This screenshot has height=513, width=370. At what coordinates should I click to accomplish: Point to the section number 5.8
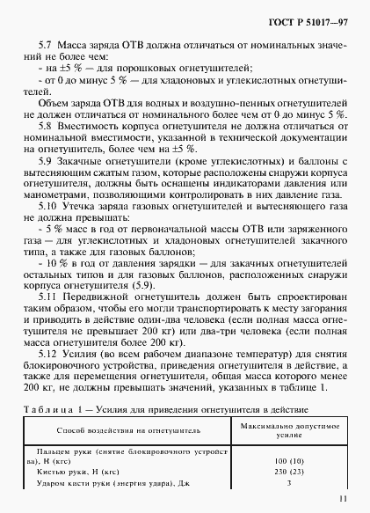coord(48,125)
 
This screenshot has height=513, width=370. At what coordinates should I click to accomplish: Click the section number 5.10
coord(51,205)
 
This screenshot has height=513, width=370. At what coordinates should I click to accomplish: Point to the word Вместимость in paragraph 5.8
coord(95,125)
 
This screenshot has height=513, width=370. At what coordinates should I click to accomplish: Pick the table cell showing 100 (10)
coord(278,459)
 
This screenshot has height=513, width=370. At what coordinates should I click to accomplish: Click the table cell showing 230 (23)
coord(278,471)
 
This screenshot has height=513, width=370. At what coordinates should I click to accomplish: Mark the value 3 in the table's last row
coord(278,482)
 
